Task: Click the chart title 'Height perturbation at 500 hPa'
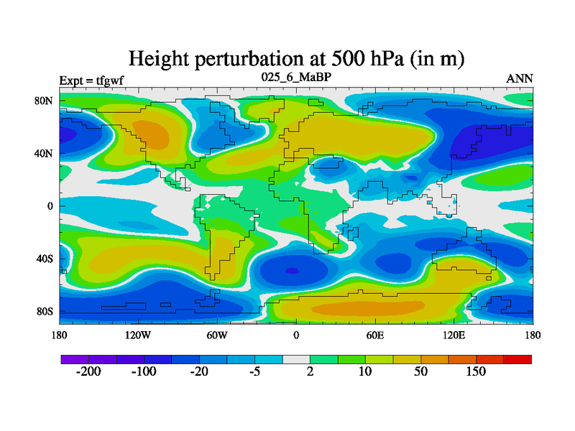pos(295,58)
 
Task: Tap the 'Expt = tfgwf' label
pos(91,80)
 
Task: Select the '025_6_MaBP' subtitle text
pos(295,77)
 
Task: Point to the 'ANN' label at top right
pos(520,78)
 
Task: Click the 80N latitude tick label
pos(45,101)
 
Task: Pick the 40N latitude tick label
pos(45,153)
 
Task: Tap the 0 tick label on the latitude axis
pos(50,206)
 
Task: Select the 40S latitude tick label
pos(45,259)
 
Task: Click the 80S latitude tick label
pos(45,312)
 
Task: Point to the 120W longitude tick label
pos(138,335)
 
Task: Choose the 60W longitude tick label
pos(217,335)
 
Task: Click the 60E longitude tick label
pos(374,335)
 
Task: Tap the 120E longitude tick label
pos(454,335)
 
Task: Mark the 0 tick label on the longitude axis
pos(296,335)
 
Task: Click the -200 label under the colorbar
pos(88,371)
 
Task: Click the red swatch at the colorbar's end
pos(518,358)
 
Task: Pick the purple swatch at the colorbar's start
pos(73,358)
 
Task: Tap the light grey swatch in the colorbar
pos(296,358)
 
